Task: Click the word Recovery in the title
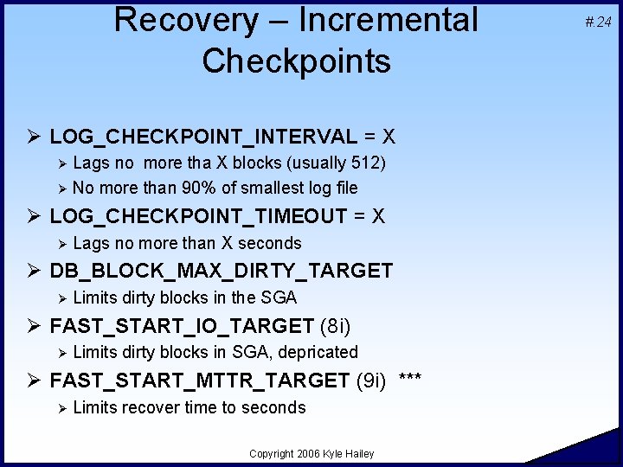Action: coord(186,19)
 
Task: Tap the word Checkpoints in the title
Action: coord(296,61)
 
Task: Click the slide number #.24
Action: coord(598,22)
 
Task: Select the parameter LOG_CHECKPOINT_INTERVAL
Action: coord(202,137)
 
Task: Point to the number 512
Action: coord(366,163)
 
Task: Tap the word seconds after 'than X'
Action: coord(270,243)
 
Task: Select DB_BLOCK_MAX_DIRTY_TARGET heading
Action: coord(221,271)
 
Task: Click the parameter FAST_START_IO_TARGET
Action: coord(182,326)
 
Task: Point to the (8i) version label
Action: coord(336,326)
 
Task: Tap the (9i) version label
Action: coord(371,381)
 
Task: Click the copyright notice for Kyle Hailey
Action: coord(311,454)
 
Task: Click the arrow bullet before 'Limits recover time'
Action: coord(61,407)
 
